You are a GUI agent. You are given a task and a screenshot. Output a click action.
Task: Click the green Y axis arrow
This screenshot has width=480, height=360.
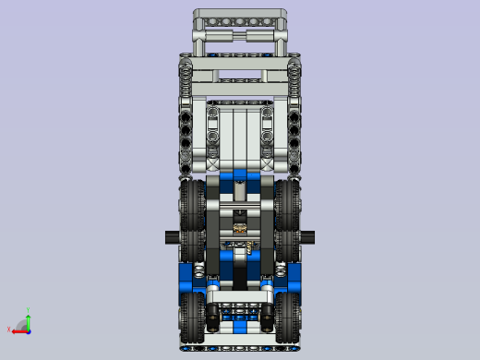click(x=28, y=318)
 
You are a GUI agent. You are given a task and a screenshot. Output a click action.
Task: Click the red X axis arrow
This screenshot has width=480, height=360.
click(x=18, y=329)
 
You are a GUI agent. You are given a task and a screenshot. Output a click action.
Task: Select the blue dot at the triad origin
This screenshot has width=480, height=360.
click(x=28, y=329)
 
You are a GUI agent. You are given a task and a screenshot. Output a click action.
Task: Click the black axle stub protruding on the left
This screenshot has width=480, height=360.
click(x=173, y=235)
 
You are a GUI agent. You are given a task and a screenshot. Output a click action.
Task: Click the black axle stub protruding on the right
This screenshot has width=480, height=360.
click(x=307, y=235)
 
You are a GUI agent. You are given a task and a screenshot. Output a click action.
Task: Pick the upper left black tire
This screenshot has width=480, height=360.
click(x=193, y=208)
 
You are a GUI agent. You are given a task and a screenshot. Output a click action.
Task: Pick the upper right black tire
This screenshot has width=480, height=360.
click(x=287, y=208)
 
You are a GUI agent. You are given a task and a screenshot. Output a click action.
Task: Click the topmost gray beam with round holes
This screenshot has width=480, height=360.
click(x=240, y=18)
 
